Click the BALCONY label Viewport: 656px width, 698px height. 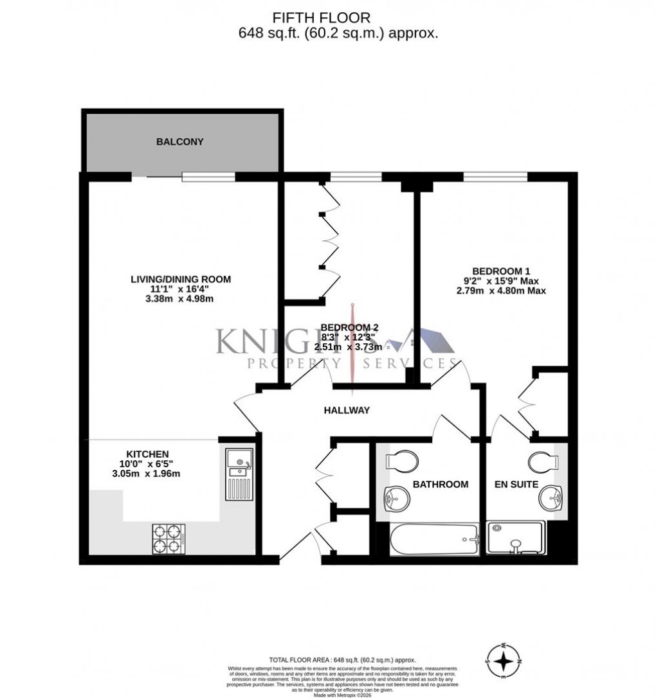(x=180, y=141)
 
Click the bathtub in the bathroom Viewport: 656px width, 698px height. (x=435, y=539)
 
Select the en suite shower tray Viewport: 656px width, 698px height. (x=516, y=537)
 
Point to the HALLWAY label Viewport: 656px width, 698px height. (x=347, y=410)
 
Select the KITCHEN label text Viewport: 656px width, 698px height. (x=147, y=454)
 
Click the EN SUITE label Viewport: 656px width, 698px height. (x=516, y=484)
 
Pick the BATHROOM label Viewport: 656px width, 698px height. (x=441, y=484)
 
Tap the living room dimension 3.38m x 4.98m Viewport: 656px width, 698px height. (x=180, y=300)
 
